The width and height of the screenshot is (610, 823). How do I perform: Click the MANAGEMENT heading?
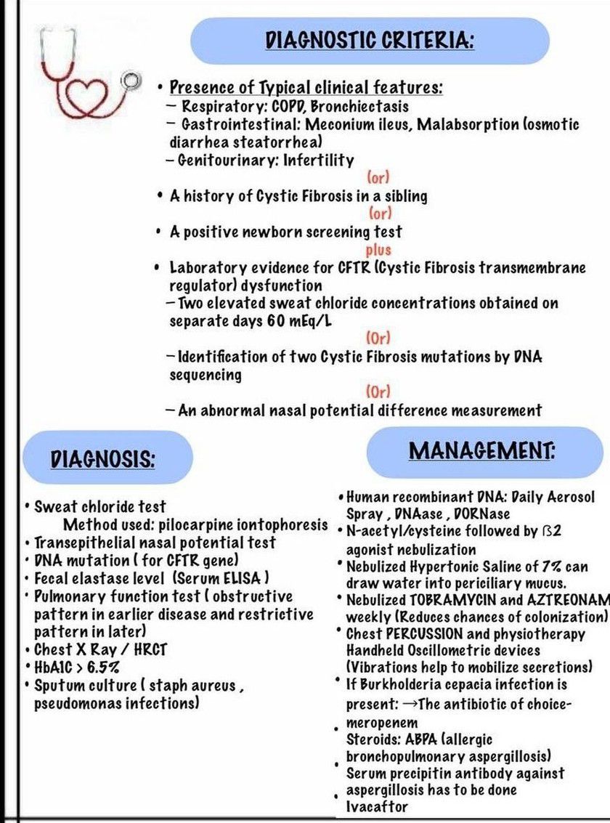coord(481,450)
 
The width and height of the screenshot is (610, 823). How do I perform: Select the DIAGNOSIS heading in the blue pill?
coord(102,459)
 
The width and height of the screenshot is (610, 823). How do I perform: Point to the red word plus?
coord(379,250)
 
